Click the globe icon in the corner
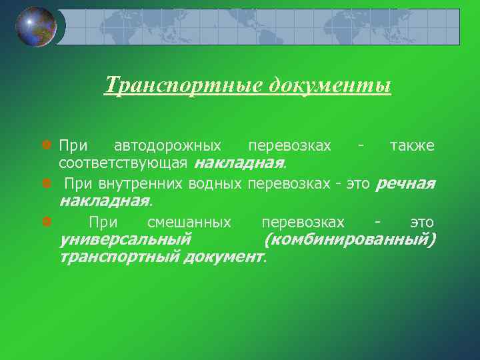(x=36, y=27)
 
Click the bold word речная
(x=405, y=183)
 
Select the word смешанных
(x=189, y=223)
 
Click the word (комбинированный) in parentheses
(x=351, y=239)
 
